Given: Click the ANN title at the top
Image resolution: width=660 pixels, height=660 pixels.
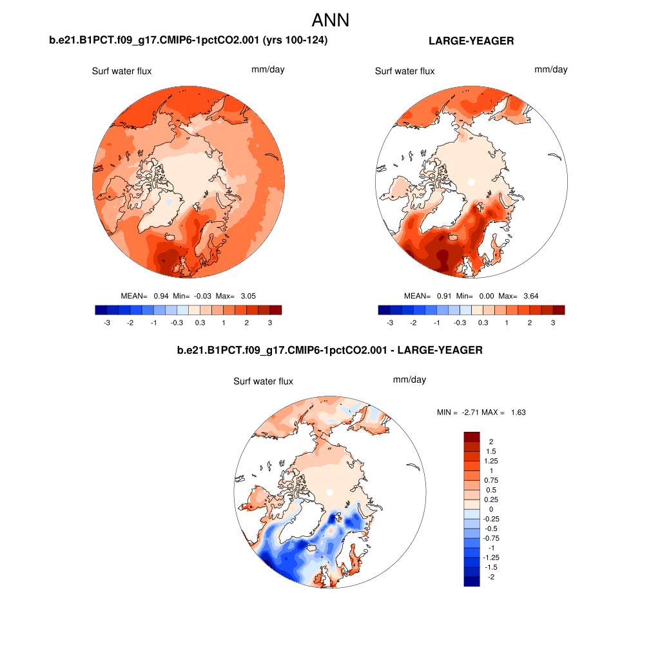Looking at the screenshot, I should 330,20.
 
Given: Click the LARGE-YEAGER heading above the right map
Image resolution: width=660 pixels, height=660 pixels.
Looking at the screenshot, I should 471,41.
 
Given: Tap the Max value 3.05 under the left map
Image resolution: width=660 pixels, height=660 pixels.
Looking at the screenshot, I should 248,296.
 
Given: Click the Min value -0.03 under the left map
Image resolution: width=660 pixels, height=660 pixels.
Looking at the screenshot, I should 201,296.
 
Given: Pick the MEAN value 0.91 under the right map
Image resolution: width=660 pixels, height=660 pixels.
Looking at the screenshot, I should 442,296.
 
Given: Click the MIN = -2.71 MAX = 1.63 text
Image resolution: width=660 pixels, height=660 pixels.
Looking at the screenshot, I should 481,412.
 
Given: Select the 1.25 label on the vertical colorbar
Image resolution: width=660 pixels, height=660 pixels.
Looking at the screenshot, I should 492,461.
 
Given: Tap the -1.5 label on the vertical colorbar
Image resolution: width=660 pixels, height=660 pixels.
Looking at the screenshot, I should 491,567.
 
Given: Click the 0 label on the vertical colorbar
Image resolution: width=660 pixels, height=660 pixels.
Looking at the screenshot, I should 490,509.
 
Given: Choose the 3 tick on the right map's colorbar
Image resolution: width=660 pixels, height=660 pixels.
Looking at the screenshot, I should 553,323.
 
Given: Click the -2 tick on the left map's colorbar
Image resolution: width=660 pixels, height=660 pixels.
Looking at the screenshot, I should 130,323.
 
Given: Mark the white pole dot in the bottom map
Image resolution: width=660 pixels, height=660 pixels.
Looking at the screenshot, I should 329,492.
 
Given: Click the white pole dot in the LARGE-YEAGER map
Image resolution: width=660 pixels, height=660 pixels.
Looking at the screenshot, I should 471,182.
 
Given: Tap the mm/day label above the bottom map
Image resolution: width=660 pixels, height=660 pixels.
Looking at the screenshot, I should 409,380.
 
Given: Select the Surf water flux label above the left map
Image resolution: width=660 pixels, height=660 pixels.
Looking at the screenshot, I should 122,71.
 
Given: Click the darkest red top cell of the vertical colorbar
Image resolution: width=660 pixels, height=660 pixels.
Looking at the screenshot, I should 472,436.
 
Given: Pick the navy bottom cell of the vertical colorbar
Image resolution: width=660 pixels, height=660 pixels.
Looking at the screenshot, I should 472,581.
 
